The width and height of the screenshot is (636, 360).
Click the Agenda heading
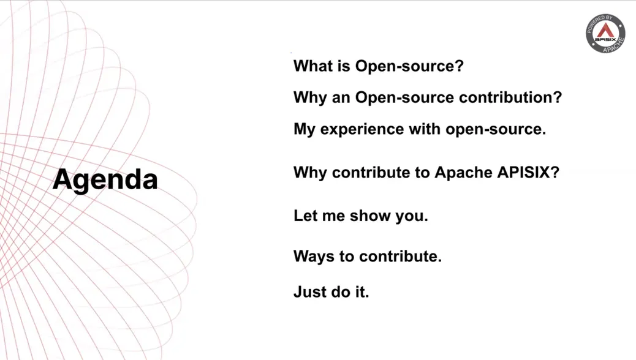pos(105,180)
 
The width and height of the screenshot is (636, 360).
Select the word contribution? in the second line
pos(510,97)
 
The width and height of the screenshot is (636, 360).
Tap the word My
pos(304,130)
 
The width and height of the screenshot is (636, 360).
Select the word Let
pos(305,216)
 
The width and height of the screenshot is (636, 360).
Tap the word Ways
pos(314,257)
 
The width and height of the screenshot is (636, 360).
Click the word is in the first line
pos(343,66)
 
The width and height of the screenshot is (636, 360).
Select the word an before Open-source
pos(341,98)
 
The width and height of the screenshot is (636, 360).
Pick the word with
pos(425,129)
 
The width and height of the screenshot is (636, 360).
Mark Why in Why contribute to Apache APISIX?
pos(310,173)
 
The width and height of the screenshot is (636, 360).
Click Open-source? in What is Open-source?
pos(409,66)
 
